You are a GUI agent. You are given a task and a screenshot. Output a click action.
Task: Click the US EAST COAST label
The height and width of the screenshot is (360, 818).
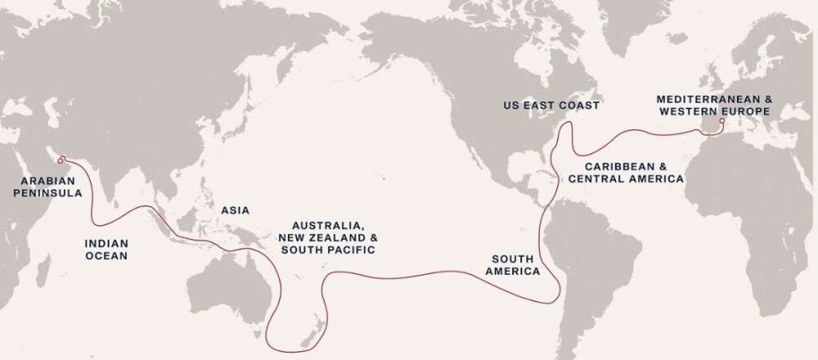(x=551, y=106)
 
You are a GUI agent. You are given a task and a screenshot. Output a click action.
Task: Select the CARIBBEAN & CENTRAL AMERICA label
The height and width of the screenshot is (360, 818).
(x=626, y=171)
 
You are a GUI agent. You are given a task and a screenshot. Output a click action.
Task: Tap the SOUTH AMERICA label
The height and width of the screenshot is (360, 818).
(x=516, y=264)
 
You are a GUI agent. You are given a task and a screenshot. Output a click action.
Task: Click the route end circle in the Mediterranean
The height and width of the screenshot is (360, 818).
(x=721, y=123)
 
